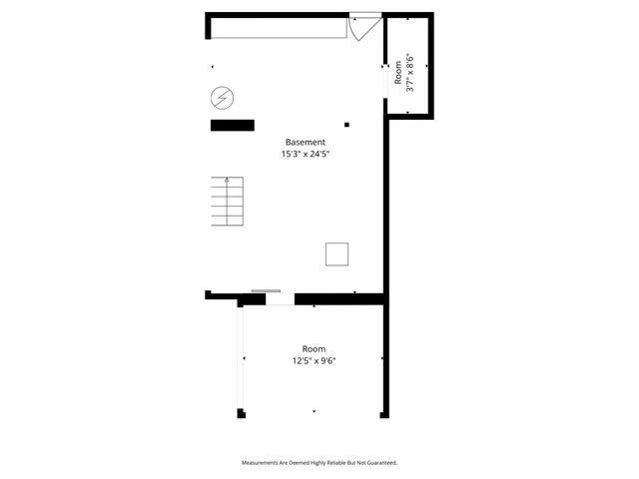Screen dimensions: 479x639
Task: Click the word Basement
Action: point(305,142)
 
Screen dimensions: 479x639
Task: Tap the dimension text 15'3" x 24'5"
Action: point(305,155)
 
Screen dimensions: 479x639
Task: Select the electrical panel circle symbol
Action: point(222,98)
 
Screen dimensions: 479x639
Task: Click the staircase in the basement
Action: point(227,204)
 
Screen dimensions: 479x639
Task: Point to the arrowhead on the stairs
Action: point(228,181)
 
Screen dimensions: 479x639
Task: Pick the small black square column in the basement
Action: point(346,125)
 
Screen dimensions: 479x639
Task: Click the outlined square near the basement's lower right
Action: point(337,254)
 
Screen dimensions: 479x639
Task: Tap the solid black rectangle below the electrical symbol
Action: point(232,125)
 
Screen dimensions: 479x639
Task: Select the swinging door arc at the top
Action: point(361,28)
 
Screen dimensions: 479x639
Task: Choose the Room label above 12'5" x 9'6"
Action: point(313,349)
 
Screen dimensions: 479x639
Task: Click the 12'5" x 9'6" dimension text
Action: point(313,361)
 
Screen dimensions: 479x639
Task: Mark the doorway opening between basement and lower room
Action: point(280,298)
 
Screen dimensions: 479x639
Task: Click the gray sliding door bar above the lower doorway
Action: point(266,291)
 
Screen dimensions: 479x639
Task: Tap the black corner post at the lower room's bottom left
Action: point(241,413)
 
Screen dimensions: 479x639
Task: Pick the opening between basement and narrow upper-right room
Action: point(386,82)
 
